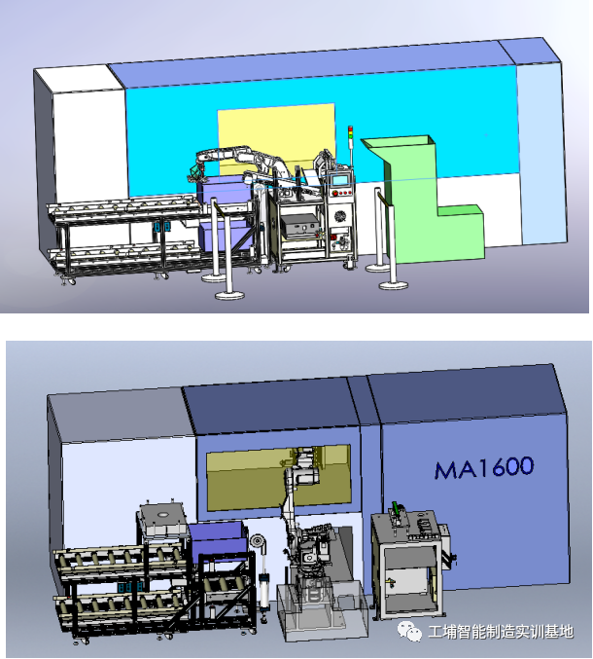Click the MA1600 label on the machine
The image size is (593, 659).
click(484, 467)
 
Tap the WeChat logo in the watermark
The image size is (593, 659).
click(409, 631)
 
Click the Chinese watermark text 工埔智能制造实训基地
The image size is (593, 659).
click(501, 632)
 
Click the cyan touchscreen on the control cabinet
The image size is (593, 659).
click(340, 179)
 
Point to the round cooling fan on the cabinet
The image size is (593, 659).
click(340, 217)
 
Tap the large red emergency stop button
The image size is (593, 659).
click(335, 193)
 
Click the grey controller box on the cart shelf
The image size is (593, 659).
click(298, 226)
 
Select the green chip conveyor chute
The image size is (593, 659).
click(423, 199)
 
